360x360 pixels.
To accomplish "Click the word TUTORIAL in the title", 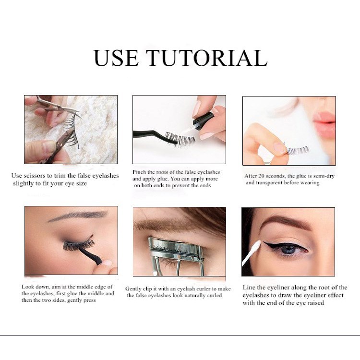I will (207, 58).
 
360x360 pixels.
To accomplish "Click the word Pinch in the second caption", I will (140, 172).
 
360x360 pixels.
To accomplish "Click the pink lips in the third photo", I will (324, 123).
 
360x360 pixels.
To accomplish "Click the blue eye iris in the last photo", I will (288, 249).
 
